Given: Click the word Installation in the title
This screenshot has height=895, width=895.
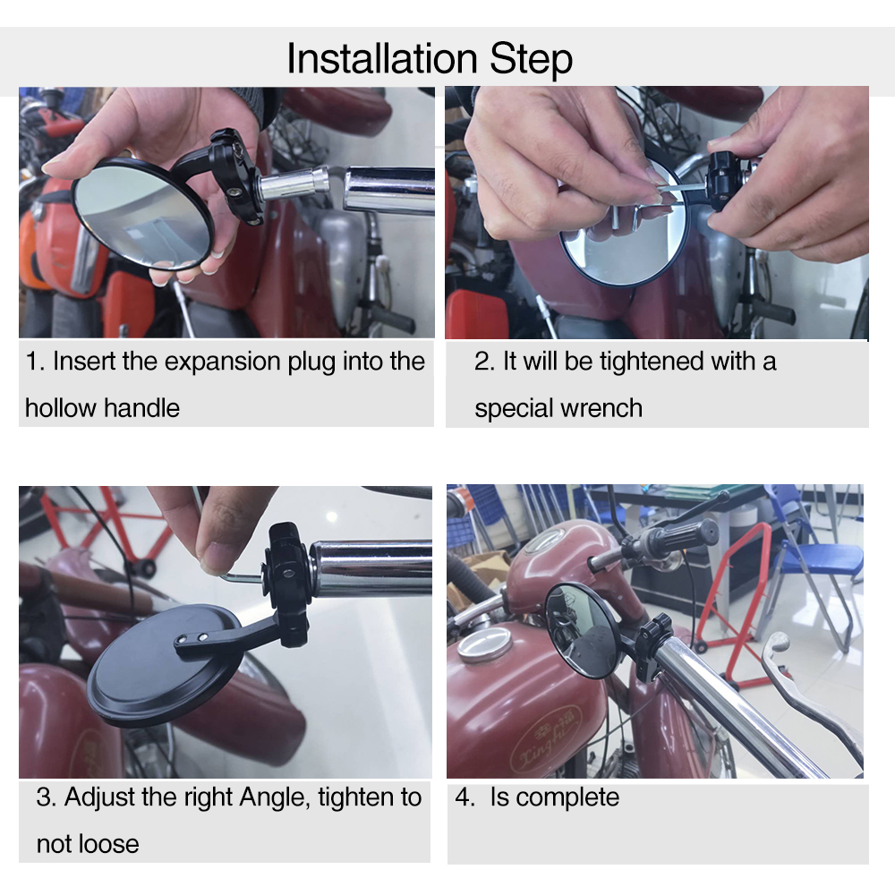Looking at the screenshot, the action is point(382,58).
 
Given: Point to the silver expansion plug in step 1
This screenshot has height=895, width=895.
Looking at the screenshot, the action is point(294,183).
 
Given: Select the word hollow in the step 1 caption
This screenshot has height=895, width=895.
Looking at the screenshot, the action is point(61,408).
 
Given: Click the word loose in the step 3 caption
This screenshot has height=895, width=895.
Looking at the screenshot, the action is point(110,844).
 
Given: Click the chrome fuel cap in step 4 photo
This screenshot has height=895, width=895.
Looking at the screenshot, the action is point(485,643).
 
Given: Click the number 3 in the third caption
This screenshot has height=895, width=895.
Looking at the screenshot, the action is point(43,797).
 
